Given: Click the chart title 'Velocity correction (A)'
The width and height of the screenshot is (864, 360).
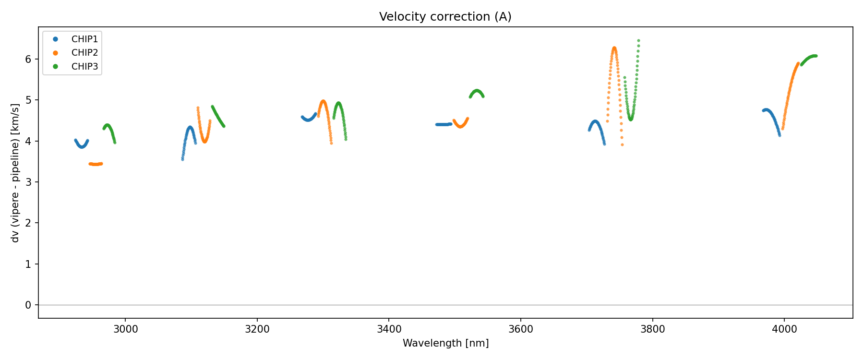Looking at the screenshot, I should click(445, 17).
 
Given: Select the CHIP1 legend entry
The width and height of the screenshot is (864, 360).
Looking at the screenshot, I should click(84, 39).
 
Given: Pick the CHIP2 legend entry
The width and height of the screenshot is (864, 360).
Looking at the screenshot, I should click(84, 53).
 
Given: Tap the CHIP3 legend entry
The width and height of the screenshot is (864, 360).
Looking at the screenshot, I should click(84, 67).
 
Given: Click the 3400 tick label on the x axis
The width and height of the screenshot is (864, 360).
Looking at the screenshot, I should click(389, 329).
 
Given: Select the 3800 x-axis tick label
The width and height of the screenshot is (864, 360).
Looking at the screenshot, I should click(652, 329).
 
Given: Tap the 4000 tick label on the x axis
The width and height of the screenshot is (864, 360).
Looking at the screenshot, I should click(784, 329).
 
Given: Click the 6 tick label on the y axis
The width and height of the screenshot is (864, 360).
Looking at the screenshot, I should click(28, 59).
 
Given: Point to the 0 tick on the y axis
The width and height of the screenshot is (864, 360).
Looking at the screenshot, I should click(28, 305).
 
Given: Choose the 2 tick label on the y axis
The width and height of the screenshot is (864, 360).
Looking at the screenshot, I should click(28, 223).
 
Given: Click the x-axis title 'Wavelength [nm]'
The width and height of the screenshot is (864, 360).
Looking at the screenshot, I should click(445, 343).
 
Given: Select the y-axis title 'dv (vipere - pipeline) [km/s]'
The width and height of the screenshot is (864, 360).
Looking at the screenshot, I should click(15, 173).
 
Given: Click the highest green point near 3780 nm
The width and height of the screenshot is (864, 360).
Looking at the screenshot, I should click(638, 40).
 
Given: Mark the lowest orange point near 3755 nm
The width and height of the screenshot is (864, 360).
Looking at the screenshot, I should click(622, 144).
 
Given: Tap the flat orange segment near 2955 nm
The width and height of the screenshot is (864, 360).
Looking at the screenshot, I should click(96, 164).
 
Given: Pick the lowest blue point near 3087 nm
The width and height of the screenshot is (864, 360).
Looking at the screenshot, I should click(182, 159).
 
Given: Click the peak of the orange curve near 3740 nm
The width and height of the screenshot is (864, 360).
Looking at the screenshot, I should click(614, 48).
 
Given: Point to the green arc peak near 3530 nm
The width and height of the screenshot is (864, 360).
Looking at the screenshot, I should click(476, 90).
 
